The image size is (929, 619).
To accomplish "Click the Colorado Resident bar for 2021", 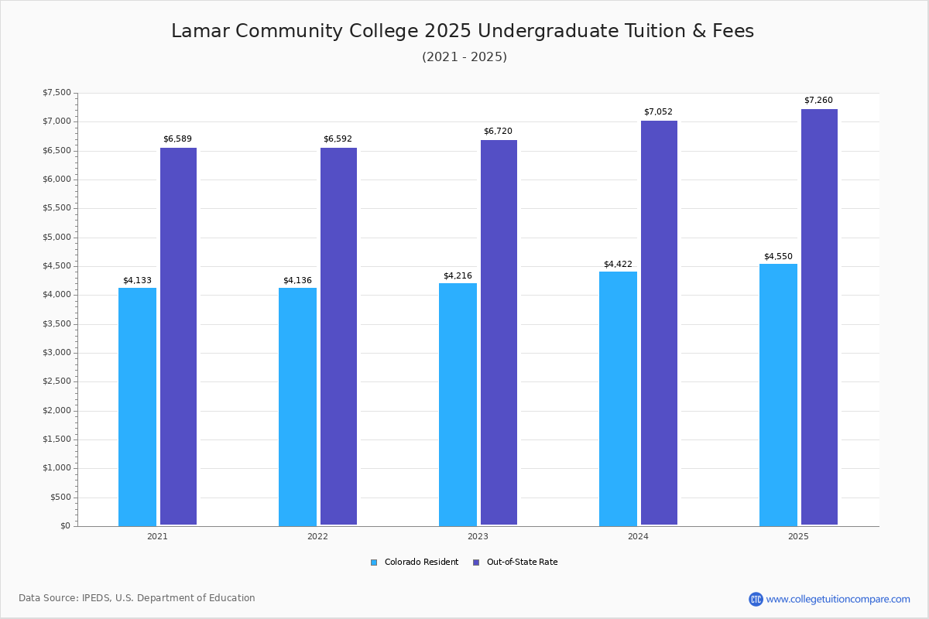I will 137,406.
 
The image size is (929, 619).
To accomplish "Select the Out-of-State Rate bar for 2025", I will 819,317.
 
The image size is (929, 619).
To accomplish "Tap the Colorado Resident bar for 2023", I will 458,404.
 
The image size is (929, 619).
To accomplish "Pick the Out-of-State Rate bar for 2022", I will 338,336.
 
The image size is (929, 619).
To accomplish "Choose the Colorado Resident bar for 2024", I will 618,398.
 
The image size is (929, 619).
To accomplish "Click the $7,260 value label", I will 818,101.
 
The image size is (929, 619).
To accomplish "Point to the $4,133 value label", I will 137,280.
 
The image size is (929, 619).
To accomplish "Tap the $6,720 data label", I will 498,132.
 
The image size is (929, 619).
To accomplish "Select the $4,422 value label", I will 618,264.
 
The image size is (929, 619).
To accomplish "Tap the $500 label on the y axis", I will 60,497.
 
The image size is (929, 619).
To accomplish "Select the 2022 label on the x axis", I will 317,536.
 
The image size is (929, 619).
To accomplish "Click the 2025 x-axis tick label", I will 798,536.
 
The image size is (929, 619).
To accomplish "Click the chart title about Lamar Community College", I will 462,31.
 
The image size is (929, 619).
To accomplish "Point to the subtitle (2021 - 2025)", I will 464,56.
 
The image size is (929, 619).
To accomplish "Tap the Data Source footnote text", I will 137,598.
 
